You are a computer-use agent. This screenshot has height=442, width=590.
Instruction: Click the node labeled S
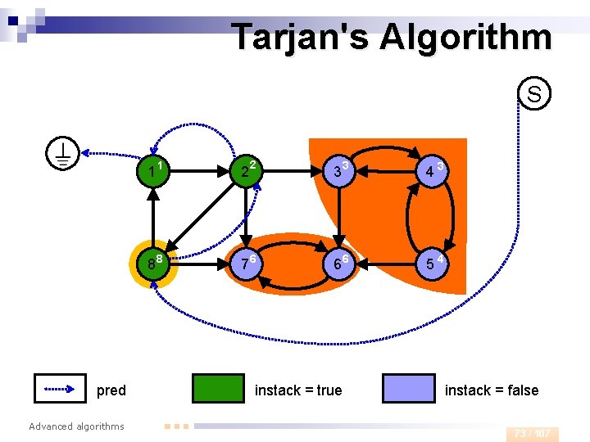tap(533, 94)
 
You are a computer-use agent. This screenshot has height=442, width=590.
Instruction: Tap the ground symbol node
tap(62, 152)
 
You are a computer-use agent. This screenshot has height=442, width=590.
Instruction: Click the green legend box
tap(217, 389)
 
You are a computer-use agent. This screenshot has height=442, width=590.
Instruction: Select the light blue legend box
tap(409, 389)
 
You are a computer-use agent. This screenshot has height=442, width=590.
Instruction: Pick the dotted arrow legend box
tap(60, 389)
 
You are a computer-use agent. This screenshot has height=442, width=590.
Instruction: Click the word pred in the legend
tap(111, 390)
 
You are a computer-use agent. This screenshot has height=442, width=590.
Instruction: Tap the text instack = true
tap(298, 390)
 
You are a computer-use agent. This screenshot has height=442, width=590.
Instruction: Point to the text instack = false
tap(492, 390)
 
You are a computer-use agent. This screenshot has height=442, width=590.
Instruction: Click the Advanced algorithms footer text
tap(76, 426)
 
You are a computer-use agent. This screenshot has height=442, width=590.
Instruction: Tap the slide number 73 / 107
tap(532, 433)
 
